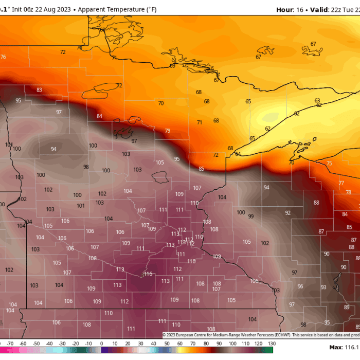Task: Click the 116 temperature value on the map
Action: point(149,274)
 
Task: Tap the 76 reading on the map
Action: point(3,57)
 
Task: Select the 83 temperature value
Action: point(39,90)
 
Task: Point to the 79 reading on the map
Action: point(167,131)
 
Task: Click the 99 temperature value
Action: point(251,217)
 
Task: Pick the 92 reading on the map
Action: point(287,213)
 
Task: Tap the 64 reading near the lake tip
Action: point(238,154)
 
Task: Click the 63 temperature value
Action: point(317,101)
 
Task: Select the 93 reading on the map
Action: point(323,287)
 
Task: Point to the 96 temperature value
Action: point(300,286)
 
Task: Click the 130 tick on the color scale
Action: point(272,343)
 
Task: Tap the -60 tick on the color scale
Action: point(23,343)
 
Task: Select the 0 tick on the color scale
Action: point(101,343)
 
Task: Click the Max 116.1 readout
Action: point(344,348)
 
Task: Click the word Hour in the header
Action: point(285,10)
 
